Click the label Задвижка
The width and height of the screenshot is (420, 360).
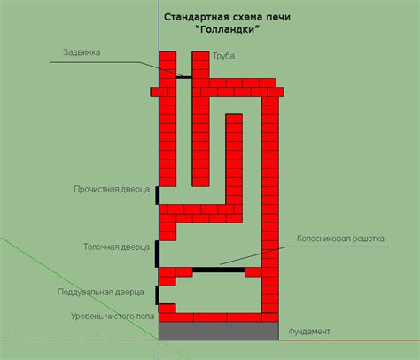(82, 52)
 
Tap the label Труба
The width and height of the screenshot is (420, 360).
(223, 56)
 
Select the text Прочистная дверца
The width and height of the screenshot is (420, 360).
(112, 189)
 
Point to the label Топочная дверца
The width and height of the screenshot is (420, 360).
(116, 247)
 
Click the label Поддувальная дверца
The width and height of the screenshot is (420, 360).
(101, 292)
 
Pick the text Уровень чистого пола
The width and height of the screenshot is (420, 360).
(113, 317)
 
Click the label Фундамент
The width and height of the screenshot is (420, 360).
(309, 332)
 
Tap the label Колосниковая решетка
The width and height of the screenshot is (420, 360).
(340, 239)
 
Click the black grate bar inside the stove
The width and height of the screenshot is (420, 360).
(219, 270)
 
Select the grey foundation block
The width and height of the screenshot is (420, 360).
(219, 331)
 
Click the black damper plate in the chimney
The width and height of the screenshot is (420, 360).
(184, 77)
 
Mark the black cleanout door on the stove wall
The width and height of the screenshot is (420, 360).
(158, 195)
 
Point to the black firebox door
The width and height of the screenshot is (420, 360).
(157, 254)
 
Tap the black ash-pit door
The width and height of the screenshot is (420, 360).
(157, 295)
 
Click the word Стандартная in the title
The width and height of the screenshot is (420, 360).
(193, 17)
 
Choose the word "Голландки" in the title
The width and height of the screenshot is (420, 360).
(228, 29)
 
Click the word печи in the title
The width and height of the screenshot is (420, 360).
(278, 17)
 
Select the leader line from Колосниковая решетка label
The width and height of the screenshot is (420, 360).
(304, 255)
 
